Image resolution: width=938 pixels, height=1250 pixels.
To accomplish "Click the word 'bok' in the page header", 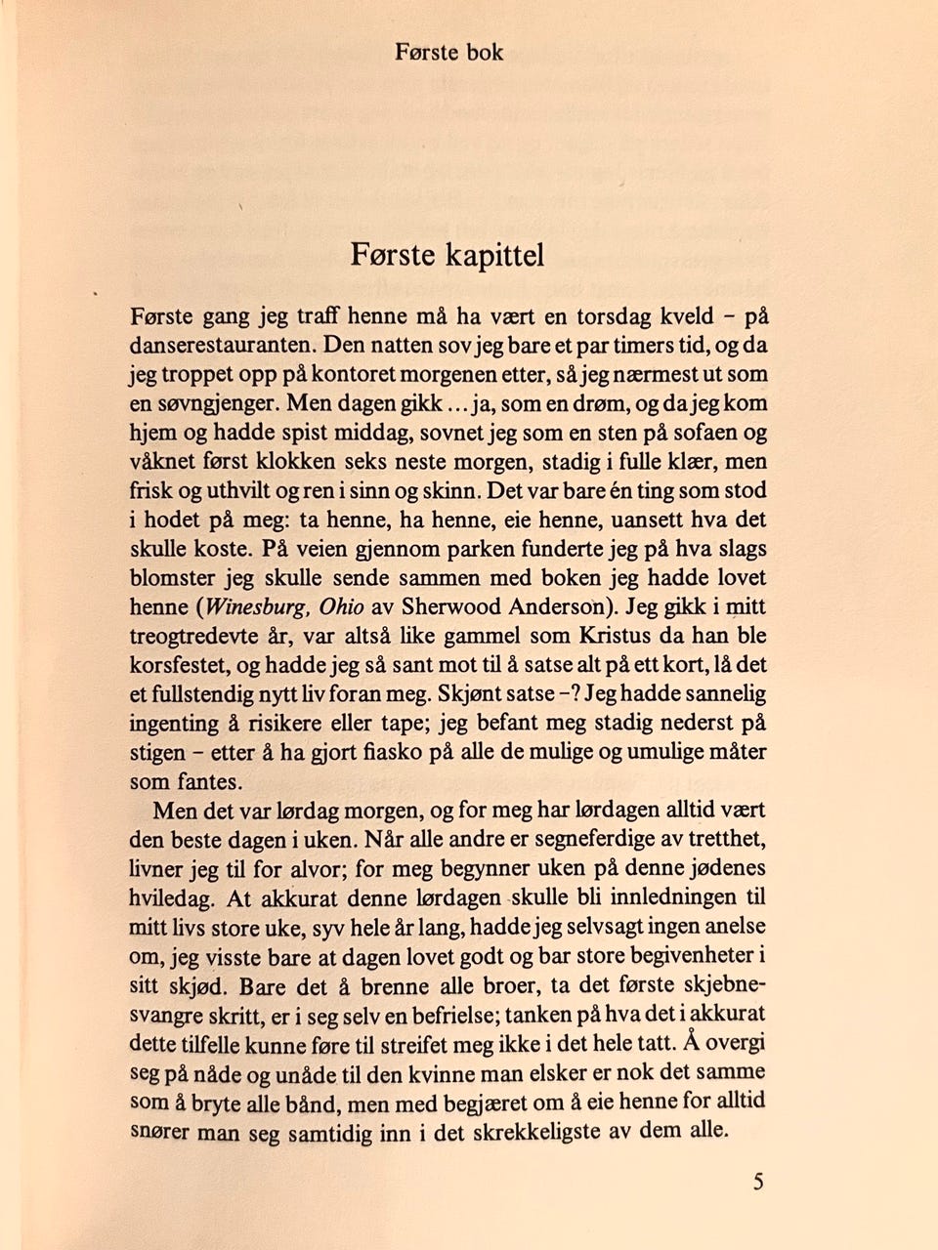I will coord(484,52).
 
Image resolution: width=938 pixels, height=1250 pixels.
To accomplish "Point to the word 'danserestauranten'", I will coord(223,345).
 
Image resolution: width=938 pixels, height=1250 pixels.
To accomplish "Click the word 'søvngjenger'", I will coord(214,403).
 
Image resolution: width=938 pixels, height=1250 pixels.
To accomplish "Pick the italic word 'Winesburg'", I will coord(254,606).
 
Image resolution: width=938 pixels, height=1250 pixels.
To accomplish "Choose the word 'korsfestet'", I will coord(177,665).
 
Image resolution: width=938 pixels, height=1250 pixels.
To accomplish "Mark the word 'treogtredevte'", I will coord(192,636).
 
